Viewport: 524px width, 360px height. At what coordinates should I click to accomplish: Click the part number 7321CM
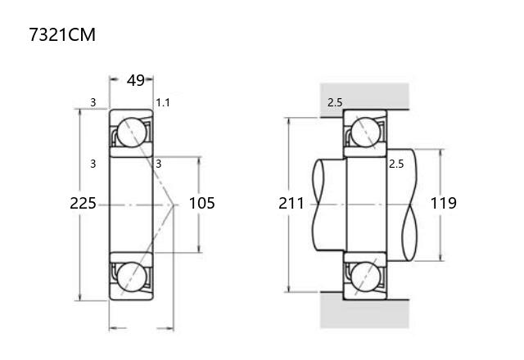(62, 34)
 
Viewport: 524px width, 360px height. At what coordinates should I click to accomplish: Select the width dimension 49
(136, 80)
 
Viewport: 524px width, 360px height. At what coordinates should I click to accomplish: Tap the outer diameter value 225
(83, 203)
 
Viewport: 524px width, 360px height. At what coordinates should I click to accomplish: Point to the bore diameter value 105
(202, 203)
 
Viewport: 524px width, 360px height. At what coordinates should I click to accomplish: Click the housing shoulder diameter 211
(291, 203)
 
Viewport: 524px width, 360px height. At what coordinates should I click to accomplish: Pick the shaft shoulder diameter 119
(444, 203)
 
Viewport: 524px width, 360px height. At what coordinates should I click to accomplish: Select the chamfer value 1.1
(163, 102)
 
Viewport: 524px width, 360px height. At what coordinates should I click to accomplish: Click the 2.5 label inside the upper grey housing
(335, 102)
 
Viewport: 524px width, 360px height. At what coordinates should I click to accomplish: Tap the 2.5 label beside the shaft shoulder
(396, 164)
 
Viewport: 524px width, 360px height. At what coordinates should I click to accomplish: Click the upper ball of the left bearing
(132, 133)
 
